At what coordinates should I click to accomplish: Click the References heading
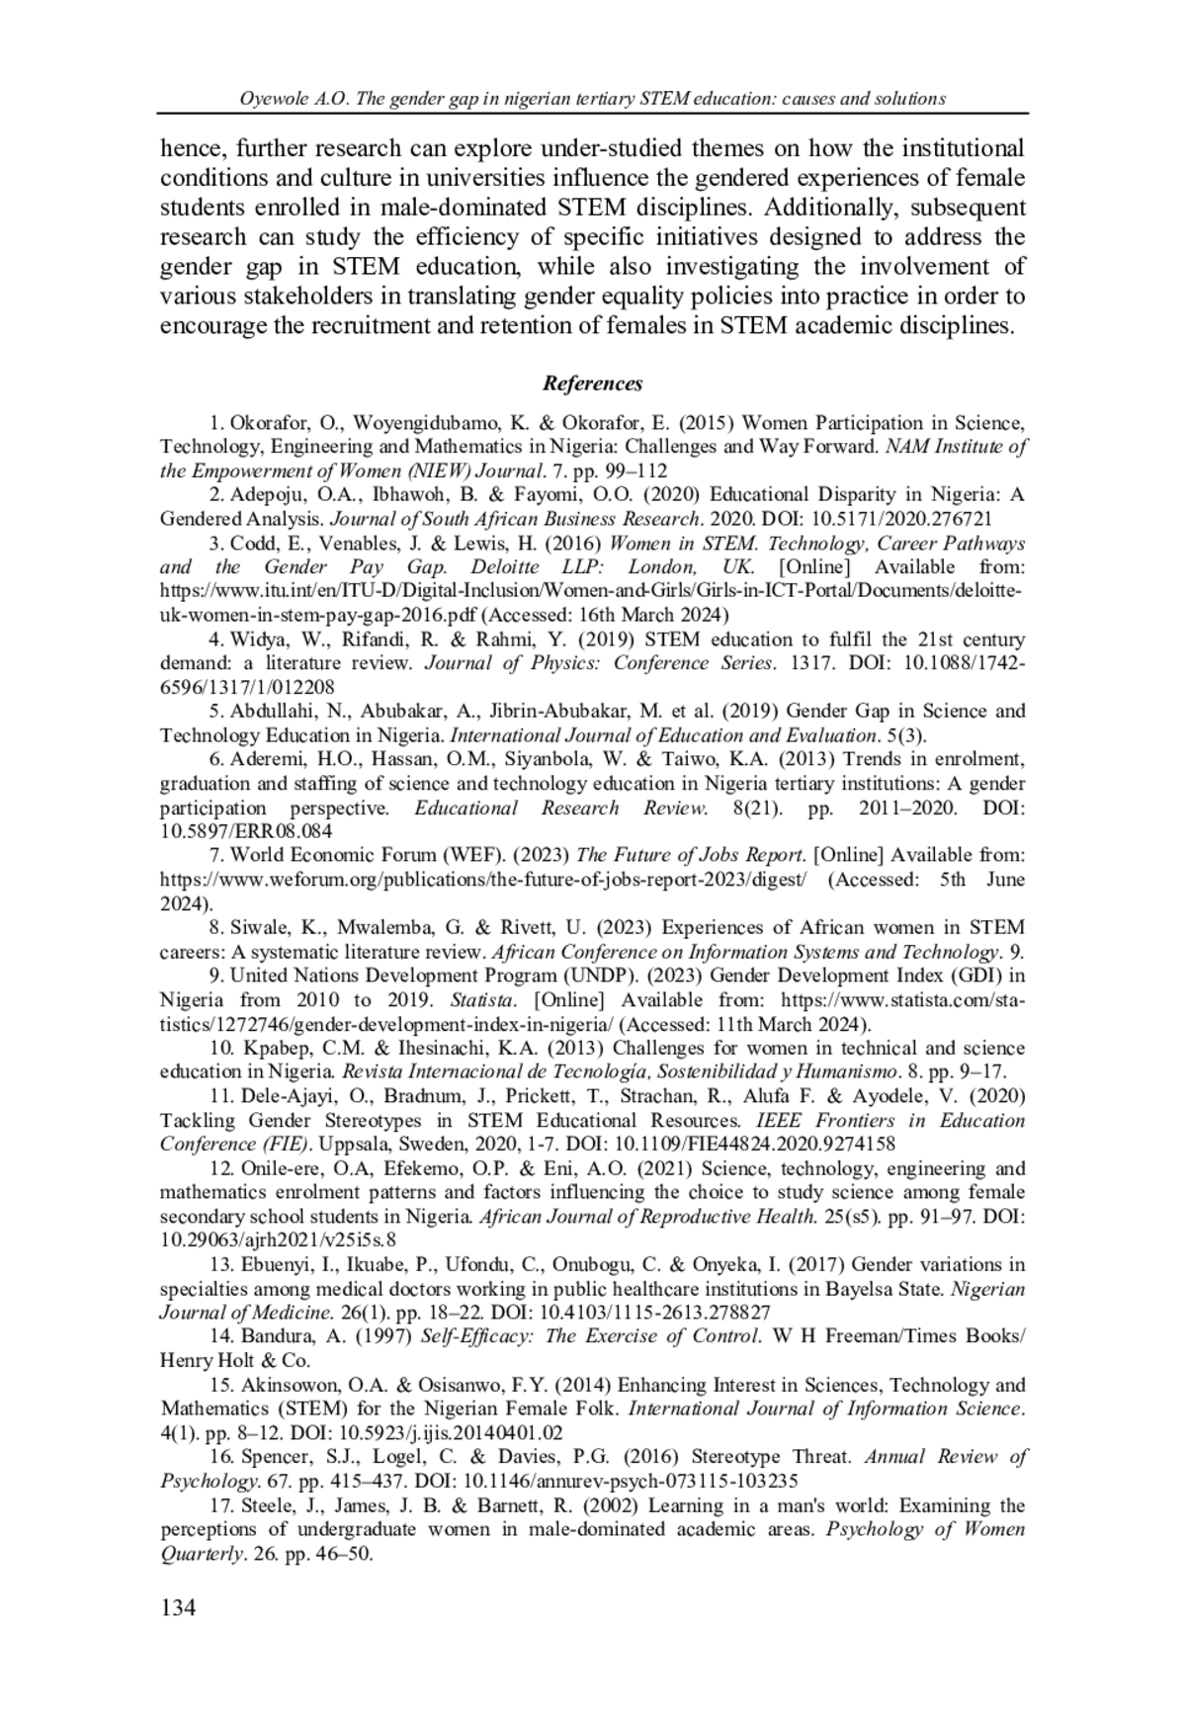click(x=593, y=384)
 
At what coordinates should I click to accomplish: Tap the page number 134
click(x=178, y=1607)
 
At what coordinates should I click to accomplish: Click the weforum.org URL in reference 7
click(x=483, y=879)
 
